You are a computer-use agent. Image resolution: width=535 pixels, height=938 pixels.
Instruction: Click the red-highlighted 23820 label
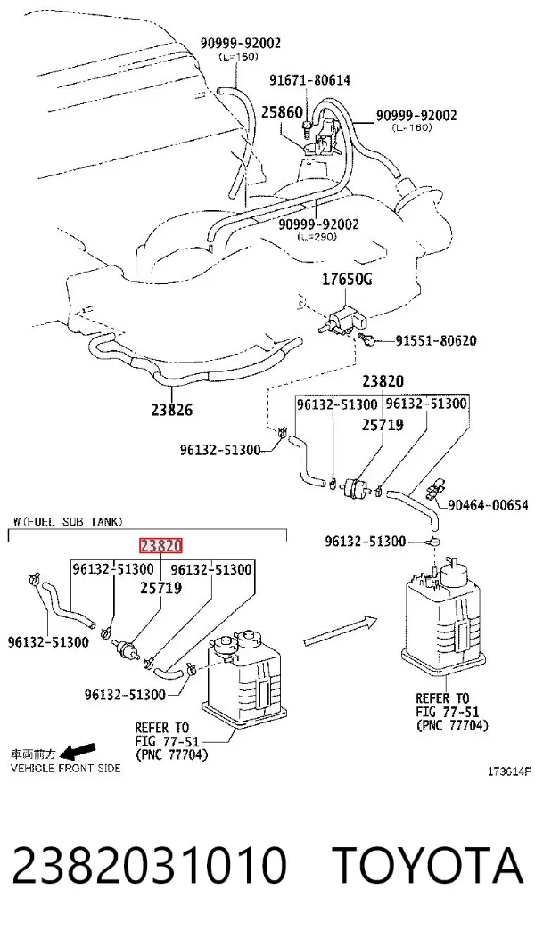[160, 546]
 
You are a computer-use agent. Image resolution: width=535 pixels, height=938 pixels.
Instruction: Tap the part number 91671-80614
[309, 80]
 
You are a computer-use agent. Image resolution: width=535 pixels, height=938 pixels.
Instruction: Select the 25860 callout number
[282, 112]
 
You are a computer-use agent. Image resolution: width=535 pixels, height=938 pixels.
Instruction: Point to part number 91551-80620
[435, 341]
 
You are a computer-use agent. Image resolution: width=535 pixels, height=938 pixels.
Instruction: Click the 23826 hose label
[172, 410]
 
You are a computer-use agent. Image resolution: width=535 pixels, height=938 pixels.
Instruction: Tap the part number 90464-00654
[489, 505]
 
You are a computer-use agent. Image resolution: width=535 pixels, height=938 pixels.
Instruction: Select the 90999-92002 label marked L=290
[318, 224]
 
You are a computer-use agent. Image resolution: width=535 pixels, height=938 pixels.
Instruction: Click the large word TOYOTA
[428, 865]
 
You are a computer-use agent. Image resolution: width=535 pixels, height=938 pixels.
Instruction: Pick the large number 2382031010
[149, 865]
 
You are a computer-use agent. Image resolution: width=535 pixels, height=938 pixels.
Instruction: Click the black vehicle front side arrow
[78, 750]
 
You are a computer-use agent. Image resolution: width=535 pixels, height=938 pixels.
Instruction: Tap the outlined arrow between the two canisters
[340, 632]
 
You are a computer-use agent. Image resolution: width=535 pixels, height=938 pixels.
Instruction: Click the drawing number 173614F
[508, 771]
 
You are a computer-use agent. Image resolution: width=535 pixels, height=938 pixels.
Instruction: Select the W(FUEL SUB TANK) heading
[68, 522]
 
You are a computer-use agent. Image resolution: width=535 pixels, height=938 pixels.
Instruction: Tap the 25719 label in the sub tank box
[160, 587]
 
